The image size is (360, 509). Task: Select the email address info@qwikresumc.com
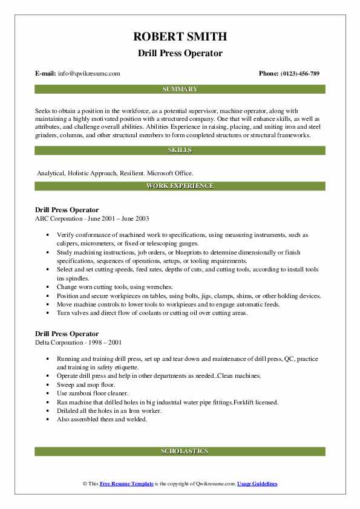(x=89, y=74)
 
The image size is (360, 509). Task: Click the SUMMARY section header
(x=180, y=89)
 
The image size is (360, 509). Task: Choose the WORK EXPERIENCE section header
(x=180, y=186)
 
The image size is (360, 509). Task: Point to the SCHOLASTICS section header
(x=180, y=452)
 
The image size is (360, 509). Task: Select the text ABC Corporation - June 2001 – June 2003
(x=92, y=218)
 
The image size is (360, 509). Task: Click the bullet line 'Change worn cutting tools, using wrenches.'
(x=115, y=287)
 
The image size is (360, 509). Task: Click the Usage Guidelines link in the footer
(x=257, y=484)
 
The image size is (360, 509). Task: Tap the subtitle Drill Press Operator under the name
(x=180, y=54)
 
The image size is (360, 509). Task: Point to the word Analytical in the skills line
(x=52, y=173)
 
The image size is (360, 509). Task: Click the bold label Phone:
(x=270, y=74)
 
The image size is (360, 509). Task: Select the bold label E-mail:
(x=46, y=74)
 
